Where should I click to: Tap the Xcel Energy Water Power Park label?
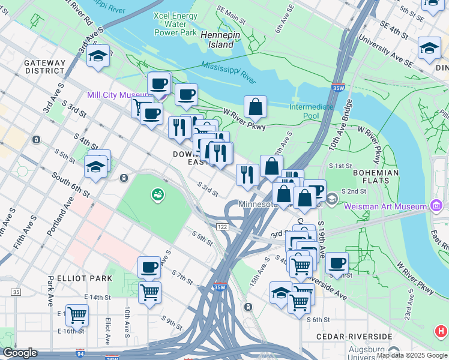pyautogui.click(x=175, y=24)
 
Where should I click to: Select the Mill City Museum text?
pyautogui.click(x=118, y=95)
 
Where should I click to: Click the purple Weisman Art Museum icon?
pyautogui.click(x=436, y=207)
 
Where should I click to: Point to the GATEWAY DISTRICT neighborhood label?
pyautogui.click(x=44, y=67)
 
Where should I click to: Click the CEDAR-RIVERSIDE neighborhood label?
pyautogui.click(x=358, y=337)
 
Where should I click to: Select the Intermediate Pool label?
pyautogui.click(x=311, y=111)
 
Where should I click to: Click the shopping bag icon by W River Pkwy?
pyautogui.click(x=255, y=106)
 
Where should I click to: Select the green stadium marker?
pyautogui.click(x=157, y=194)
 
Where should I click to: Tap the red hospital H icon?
pyautogui.click(x=441, y=331)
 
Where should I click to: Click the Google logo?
pyautogui.click(x=20, y=353)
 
